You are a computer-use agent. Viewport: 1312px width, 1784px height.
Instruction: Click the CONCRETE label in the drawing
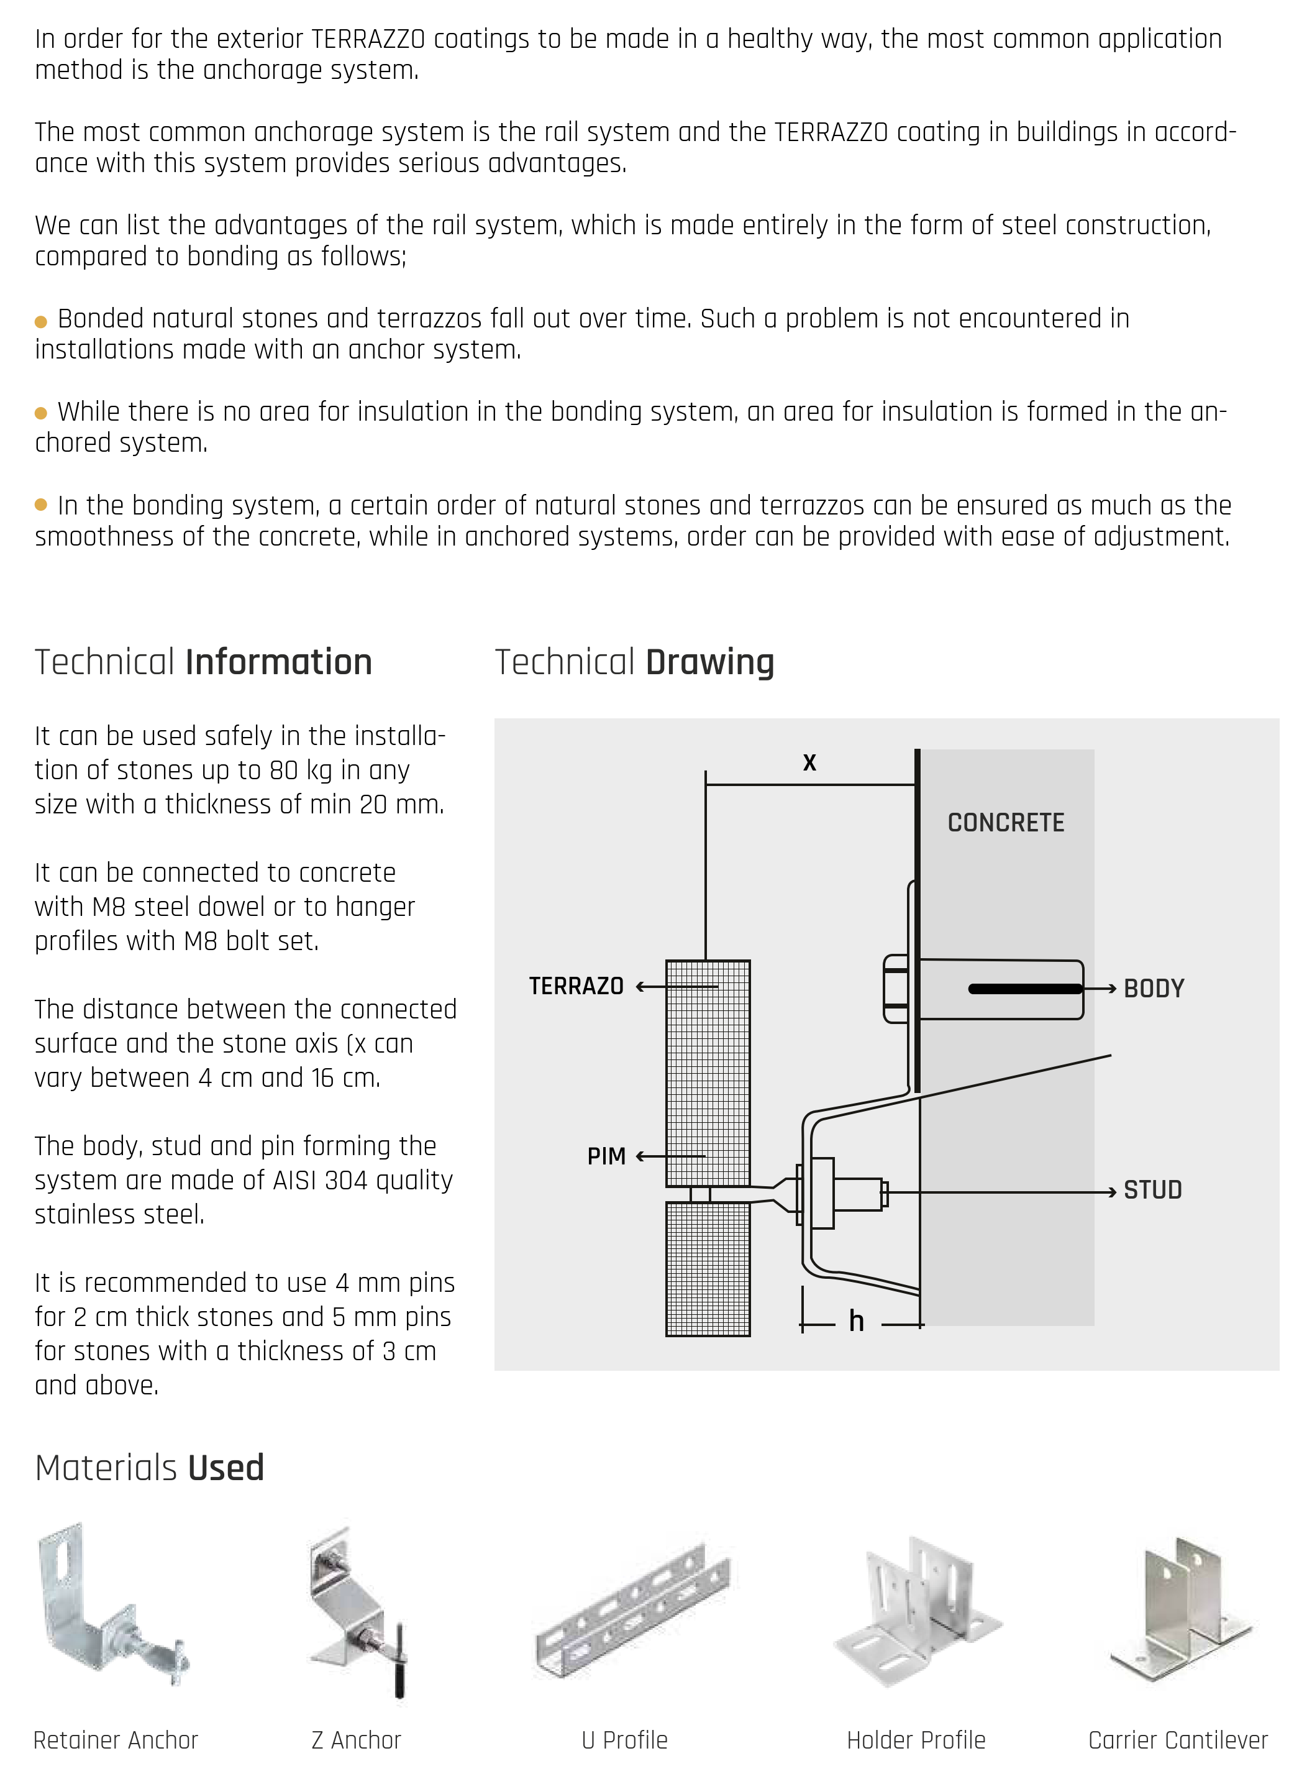[1006, 822]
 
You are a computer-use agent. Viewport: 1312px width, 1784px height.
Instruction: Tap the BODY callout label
[1153, 989]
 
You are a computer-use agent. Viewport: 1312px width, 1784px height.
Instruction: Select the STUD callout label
[1152, 1190]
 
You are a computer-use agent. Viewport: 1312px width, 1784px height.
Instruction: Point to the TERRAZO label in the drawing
[576, 987]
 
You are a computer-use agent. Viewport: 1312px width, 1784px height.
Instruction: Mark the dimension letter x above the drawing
[809, 762]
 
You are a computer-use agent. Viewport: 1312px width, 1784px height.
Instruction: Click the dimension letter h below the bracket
[856, 1322]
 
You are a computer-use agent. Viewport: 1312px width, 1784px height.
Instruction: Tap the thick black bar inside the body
[1025, 989]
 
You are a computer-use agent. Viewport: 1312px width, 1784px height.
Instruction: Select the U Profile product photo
[631, 1612]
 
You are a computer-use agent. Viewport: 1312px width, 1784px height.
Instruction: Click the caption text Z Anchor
[356, 1741]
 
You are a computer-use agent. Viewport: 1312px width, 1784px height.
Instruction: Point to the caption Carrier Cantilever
[1178, 1741]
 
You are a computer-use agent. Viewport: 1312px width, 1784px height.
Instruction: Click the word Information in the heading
[279, 662]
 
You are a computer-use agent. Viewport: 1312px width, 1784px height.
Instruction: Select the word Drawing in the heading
[709, 662]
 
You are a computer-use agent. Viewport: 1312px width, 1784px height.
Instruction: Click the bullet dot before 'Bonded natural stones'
[41, 322]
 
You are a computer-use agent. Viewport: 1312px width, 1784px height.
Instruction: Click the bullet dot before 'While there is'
[41, 414]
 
